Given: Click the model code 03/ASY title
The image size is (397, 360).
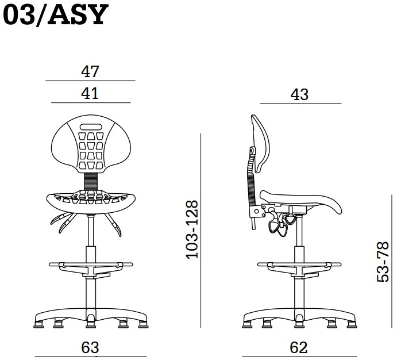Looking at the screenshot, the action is [x=56, y=15].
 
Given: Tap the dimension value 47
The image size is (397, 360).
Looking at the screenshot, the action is [x=90, y=71].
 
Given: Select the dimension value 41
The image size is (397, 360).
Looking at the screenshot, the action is [x=90, y=94].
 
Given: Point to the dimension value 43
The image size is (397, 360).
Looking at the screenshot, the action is [x=299, y=95].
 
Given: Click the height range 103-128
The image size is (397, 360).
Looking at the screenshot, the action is [x=192, y=229].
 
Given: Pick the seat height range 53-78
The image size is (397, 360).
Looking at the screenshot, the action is [x=383, y=262].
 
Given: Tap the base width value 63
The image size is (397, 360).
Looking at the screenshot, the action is [x=90, y=347].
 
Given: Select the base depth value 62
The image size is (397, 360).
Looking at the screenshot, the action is [x=299, y=347].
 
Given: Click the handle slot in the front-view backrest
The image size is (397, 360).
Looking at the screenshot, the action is [x=91, y=127].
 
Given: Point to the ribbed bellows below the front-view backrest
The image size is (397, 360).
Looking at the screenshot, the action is [x=91, y=182].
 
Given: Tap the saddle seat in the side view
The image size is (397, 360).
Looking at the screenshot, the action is [x=301, y=200].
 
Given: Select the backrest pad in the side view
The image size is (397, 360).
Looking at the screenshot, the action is [x=261, y=143].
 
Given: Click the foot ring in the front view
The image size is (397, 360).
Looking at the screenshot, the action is [x=91, y=265].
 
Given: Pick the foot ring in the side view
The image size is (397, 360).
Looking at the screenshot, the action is [x=299, y=265].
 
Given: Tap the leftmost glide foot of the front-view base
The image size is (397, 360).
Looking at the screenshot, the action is [x=38, y=324].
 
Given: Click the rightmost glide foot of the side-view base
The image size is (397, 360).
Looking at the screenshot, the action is [x=352, y=324].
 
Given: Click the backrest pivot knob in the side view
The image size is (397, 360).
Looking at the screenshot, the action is [x=252, y=151].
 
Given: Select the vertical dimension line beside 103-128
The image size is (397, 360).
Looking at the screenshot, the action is [x=201, y=231].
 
